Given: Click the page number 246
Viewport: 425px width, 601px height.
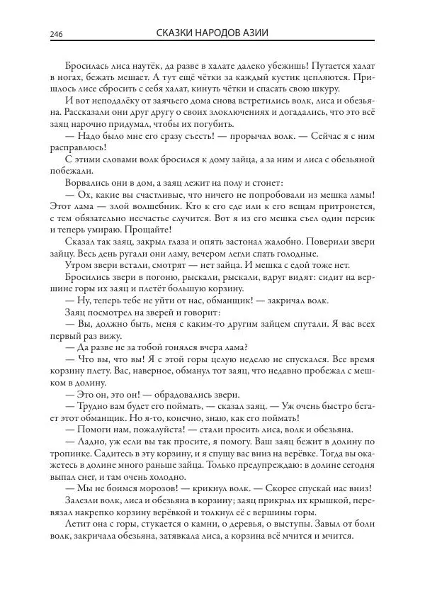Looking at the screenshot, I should (57, 34).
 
